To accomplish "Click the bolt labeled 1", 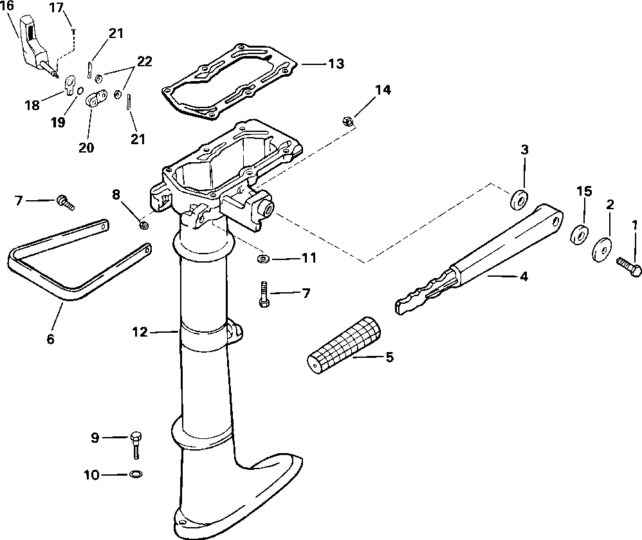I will pos(629,266).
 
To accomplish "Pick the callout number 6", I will pos(51,338).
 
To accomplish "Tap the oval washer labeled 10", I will pos(136,475).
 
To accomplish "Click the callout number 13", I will pos(335,64).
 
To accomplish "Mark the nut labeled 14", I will pos(345,120).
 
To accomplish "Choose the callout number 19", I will pos(59,122).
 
